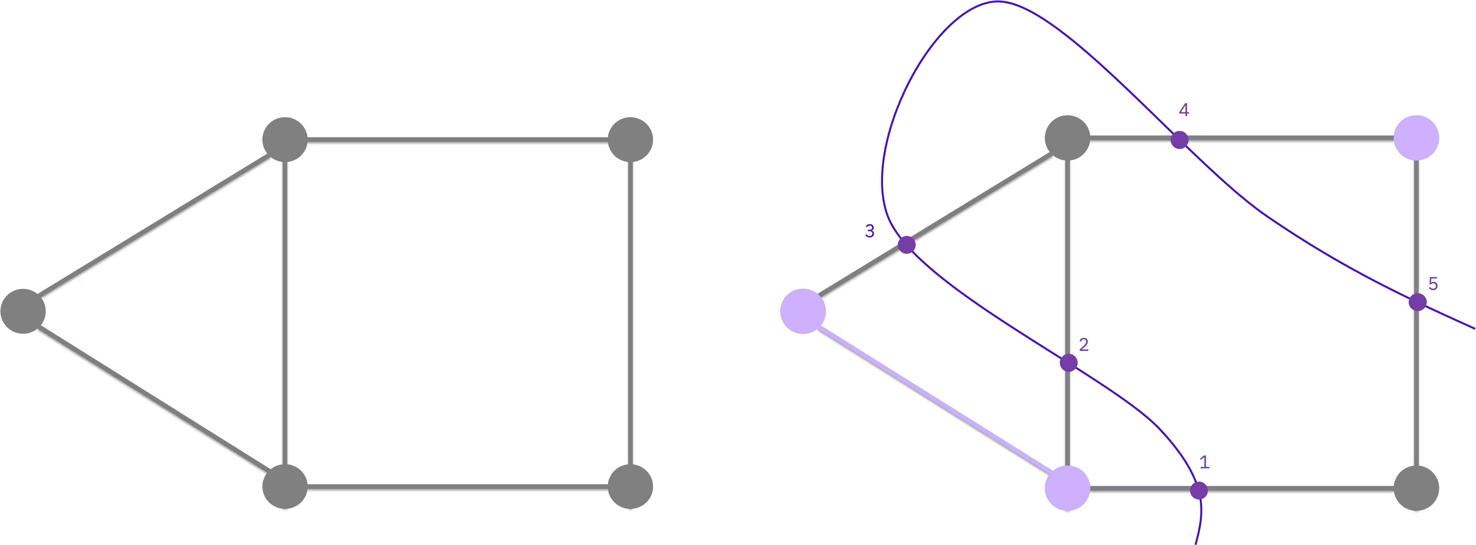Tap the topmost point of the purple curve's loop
[998, 2]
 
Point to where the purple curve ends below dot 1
[1195, 544]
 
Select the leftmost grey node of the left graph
[23, 311]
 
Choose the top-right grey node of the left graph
[630, 139]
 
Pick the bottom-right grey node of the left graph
[630, 487]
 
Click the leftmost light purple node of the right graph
[803, 311]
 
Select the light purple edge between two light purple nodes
[935, 399]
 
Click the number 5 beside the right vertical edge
[1433, 284]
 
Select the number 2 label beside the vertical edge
[1084, 344]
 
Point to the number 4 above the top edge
[1184, 110]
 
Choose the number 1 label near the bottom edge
[1204, 462]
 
